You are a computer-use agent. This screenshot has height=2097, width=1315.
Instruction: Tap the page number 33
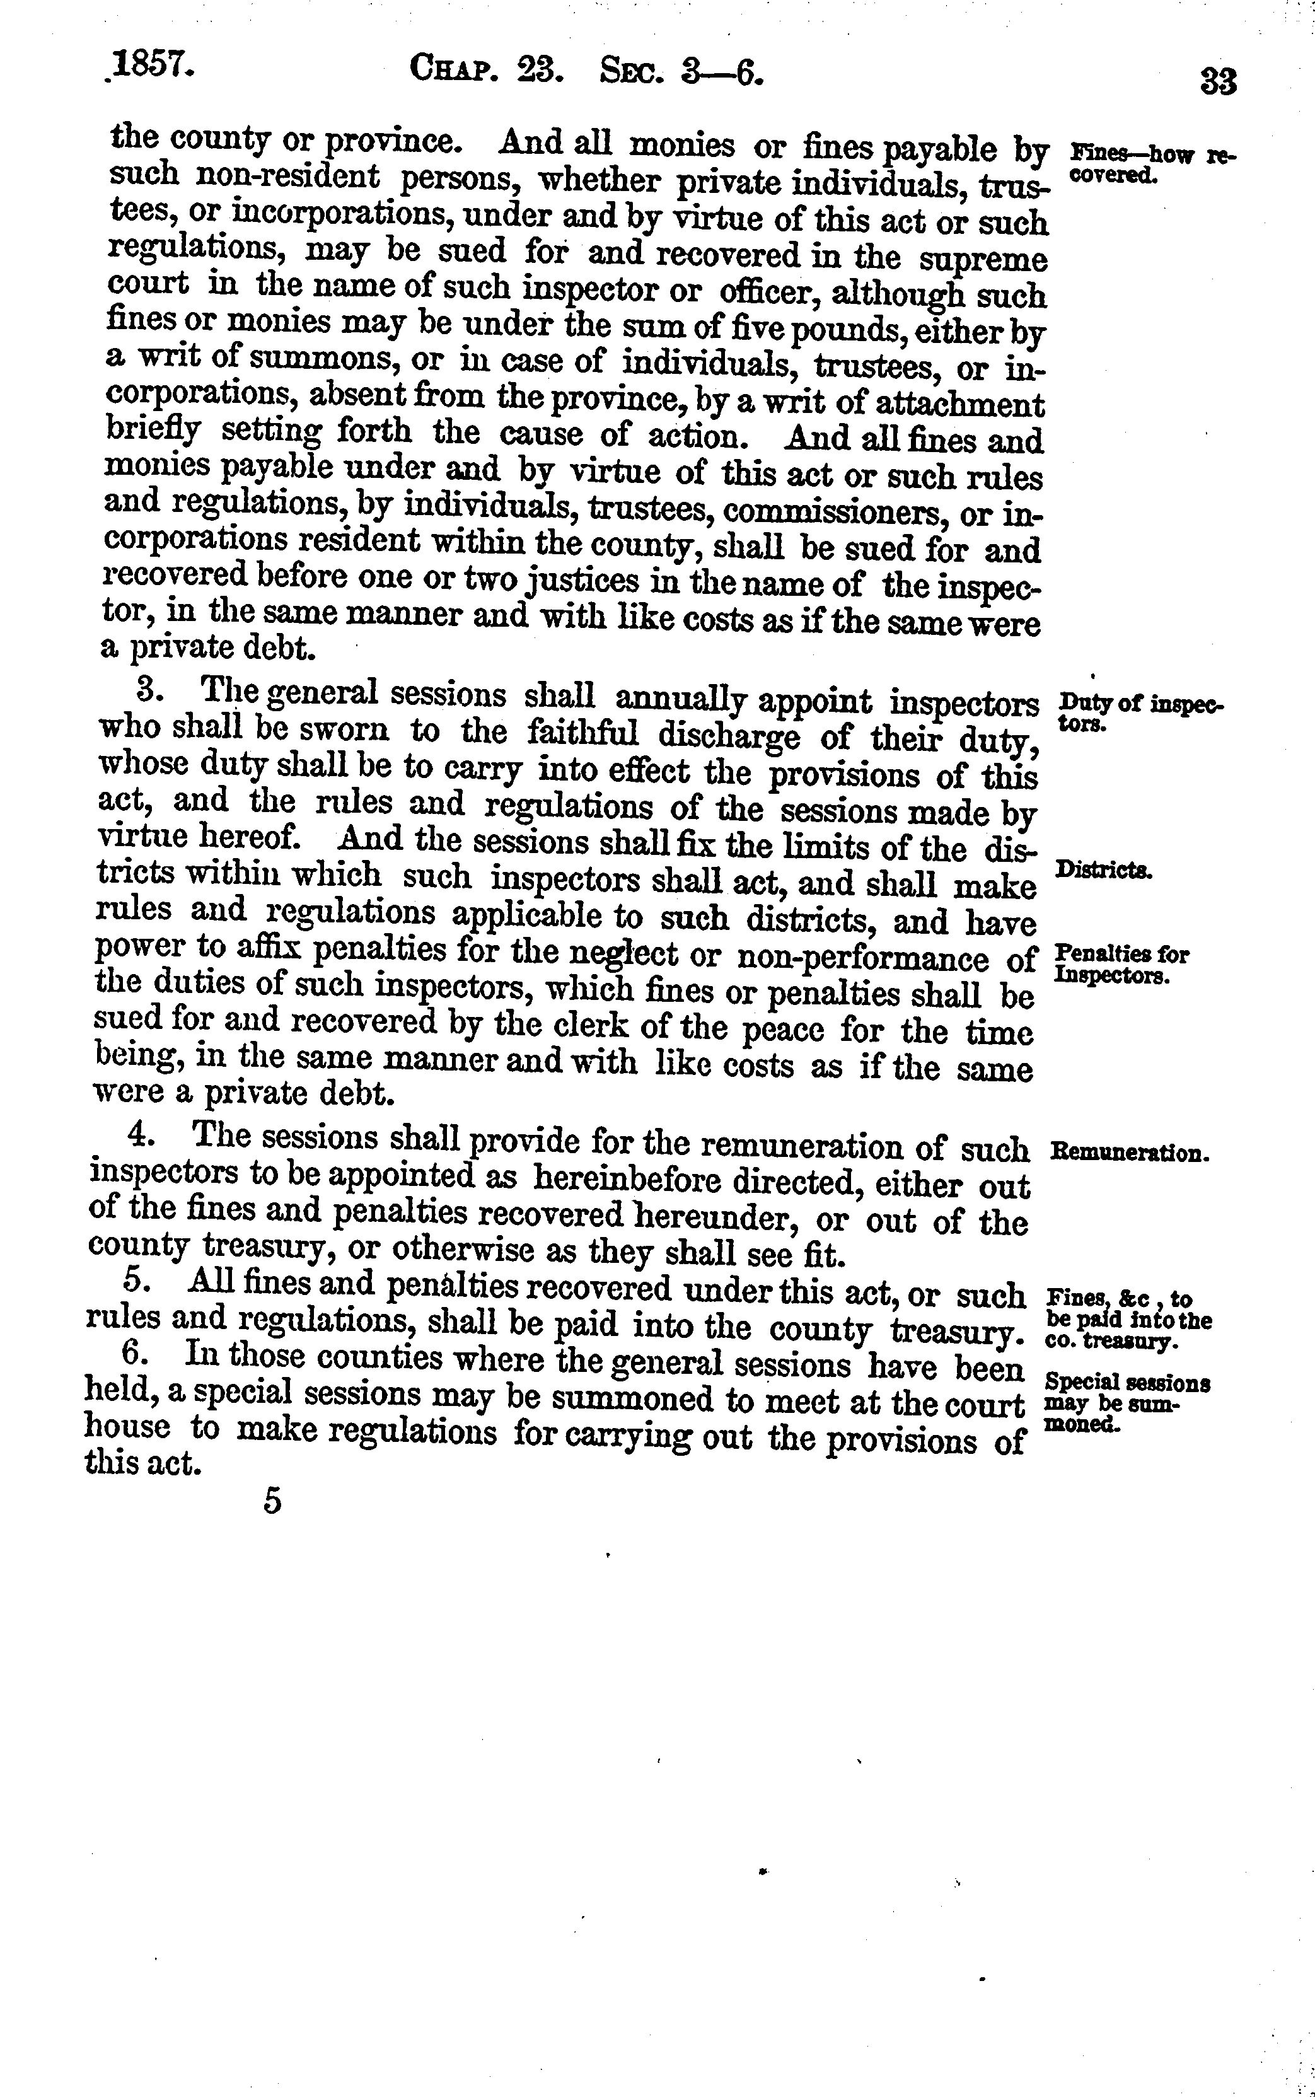point(1217,83)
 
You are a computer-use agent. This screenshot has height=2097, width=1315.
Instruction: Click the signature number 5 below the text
point(273,1502)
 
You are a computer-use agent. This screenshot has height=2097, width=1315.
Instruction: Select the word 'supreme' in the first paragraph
point(983,259)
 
